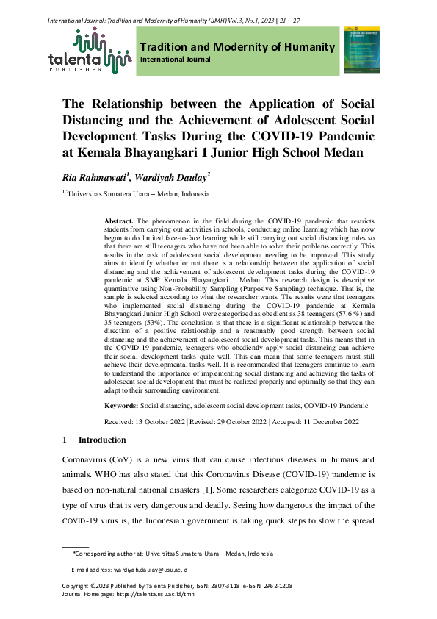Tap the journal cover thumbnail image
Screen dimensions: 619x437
pos(361,51)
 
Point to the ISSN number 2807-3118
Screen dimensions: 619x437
pos(216,586)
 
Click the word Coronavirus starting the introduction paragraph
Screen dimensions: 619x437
pos(87,458)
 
